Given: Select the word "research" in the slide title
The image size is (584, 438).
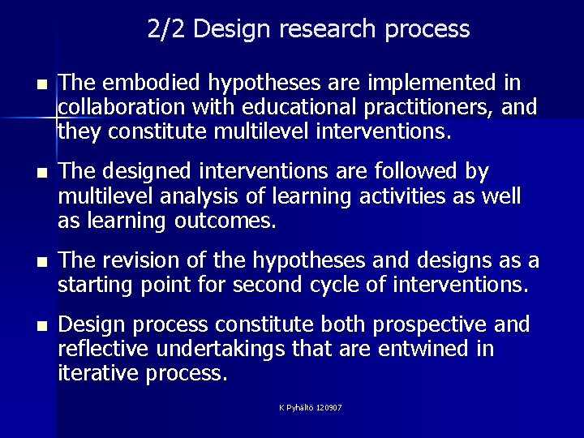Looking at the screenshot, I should click(x=317, y=29).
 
